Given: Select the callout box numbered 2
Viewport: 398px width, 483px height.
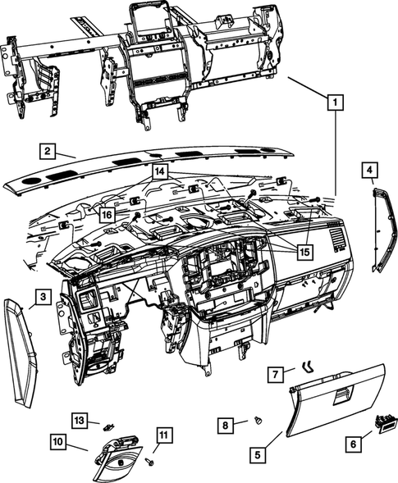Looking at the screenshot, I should pyautogui.click(x=48, y=150).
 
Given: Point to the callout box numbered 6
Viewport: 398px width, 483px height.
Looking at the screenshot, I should pyautogui.click(x=354, y=443).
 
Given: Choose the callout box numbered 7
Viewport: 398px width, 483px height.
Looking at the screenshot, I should pyautogui.click(x=277, y=375).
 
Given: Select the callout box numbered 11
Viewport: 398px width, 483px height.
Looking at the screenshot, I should pyautogui.click(x=162, y=435).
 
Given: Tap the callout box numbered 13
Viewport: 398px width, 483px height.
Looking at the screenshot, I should pyautogui.click(x=78, y=420).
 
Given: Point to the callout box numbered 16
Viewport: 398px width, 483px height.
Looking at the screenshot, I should pyautogui.click(x=108, y=215).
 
